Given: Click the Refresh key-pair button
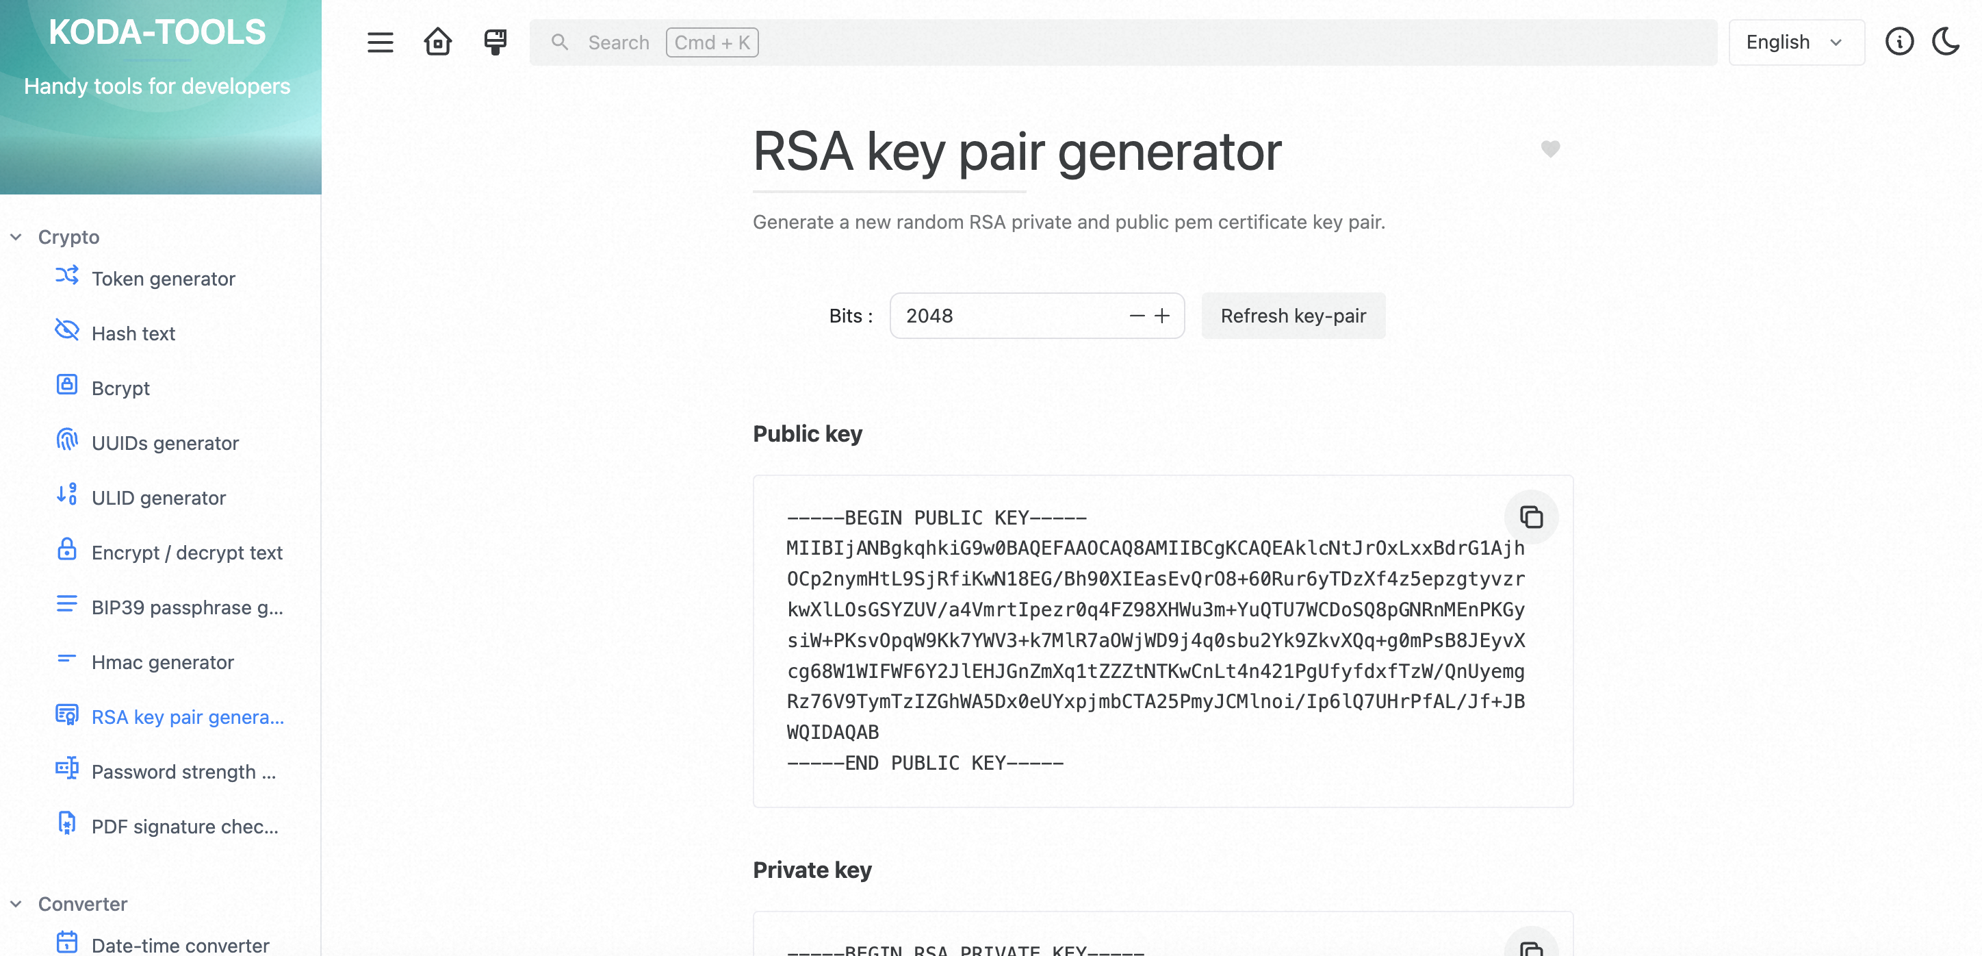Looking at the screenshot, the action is tap(1293, 316).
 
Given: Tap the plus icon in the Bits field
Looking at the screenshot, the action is tap(1162, 316).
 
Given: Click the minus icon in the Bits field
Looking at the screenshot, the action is tap(1136, 316).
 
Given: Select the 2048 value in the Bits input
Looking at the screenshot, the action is tap(929, 316).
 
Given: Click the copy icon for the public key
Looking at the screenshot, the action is tap(1531, 516).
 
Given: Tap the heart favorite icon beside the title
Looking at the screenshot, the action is tap(1549, 149).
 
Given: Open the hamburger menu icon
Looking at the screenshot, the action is tap(380, 42).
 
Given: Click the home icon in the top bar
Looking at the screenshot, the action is tap(438, 42).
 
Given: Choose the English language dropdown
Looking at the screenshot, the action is tap(1796, 42).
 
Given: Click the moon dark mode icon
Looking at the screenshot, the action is tap(1946, 42).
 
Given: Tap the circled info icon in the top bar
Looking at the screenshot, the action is tap(1899, 42).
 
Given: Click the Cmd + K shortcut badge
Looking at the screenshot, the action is tap(712, 42).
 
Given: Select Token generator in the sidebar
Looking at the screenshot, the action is tap(163, 279).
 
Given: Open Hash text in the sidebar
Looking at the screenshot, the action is tap(133, 334).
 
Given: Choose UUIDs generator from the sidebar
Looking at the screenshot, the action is tap(165, 443).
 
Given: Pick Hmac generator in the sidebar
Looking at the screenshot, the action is tap(162, 662).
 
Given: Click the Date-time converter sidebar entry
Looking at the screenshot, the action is tap(180, 944).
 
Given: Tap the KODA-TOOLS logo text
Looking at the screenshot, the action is tap(157, 32).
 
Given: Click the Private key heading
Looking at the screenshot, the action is tap(812, 870).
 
